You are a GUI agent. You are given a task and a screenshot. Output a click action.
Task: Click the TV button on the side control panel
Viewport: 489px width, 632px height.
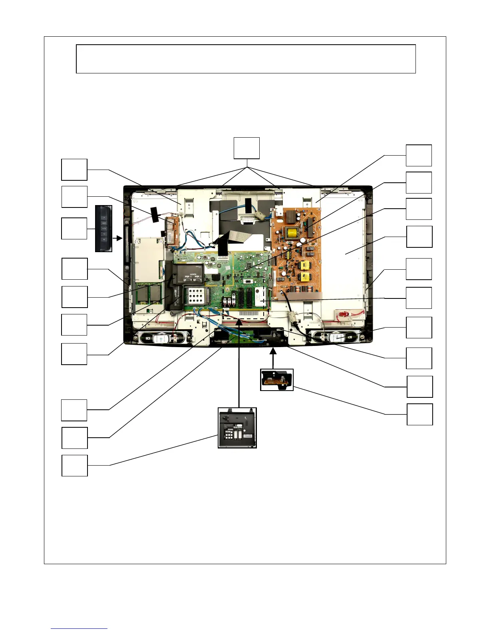tap(103, 234)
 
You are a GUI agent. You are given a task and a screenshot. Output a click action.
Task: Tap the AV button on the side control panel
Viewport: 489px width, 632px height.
tap(103, 240)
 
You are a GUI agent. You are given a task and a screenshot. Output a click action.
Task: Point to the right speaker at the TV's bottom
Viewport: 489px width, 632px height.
tap(336, 338)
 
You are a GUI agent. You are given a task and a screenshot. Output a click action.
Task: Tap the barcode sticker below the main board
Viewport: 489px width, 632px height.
tap(251, 311)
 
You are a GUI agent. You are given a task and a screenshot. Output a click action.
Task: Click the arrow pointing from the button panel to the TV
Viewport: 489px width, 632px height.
tap(117, 238)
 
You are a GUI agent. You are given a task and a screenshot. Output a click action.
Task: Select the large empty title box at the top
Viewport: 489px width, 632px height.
tap(246, 59)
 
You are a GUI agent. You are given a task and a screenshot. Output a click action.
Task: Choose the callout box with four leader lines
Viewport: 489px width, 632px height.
tap(246, 148)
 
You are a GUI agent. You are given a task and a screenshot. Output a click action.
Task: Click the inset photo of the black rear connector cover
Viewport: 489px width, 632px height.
tap(237, 428)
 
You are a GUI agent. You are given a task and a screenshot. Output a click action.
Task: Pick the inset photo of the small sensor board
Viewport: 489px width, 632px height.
tap(276, 379)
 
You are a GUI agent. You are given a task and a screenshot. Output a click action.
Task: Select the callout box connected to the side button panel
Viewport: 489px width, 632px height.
tap(74, 229)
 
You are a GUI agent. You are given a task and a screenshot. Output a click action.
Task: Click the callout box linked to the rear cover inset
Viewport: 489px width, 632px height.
tap(74, 465)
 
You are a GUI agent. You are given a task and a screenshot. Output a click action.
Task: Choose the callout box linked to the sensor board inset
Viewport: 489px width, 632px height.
tap(419, 415)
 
